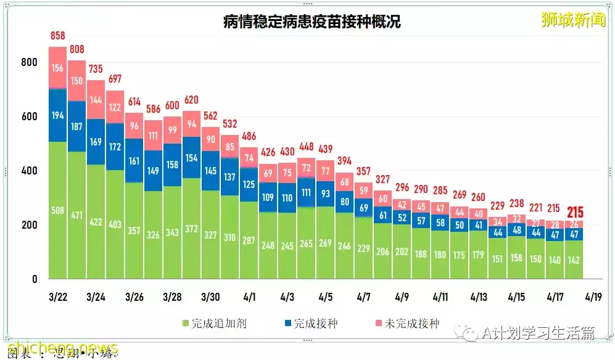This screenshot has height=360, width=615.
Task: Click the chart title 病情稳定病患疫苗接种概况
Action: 312,22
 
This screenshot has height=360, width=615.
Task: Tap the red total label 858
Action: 57,36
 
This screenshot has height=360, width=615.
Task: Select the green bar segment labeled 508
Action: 57,210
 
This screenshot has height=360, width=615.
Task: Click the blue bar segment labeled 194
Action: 57,116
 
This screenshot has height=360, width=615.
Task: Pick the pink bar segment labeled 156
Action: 57,68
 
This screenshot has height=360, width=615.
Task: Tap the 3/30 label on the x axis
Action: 210,297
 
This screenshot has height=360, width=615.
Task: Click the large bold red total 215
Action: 573,213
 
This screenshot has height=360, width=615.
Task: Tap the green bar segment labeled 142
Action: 573,259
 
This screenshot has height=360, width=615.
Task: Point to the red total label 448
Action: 306,147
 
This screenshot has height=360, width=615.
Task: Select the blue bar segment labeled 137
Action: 229,177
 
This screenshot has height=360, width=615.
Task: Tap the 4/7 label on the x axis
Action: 363,297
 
